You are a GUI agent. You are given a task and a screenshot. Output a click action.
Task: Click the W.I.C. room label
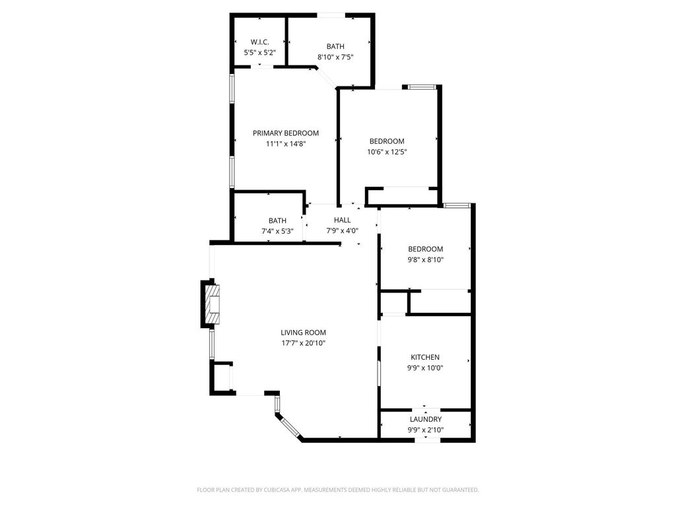[260, 42]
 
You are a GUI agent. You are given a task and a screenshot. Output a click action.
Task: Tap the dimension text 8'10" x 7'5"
[335, 57]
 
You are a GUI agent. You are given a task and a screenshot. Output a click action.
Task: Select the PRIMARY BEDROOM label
[286, 133]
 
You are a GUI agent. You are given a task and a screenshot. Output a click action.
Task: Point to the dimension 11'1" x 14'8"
[286, 144]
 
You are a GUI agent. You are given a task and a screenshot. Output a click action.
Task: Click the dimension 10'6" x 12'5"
[387, 152]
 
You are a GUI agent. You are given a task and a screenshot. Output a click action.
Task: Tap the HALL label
[343, 220]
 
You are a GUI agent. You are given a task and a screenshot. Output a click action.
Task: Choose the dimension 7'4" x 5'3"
[278, 231]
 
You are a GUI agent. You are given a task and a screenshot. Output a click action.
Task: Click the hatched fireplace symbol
[212, 304]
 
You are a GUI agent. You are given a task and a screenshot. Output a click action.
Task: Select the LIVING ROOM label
[304, 333]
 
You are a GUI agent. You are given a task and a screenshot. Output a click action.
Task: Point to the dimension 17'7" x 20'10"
[304, 343]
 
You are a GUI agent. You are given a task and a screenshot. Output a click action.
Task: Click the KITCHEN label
[425, 357]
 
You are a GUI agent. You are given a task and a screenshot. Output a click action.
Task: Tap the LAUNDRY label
[426, 419]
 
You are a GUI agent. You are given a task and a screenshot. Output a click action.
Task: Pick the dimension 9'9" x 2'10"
[426, 430]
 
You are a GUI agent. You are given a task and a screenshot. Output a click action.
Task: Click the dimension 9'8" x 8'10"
[426, 259]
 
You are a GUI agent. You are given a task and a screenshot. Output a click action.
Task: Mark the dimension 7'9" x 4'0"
[343, 230]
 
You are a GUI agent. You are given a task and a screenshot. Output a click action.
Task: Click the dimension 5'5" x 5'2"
[260, 53]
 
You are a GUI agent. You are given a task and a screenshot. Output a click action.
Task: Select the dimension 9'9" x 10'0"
[425, 368]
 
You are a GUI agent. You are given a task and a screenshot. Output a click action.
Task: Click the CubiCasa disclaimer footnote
[338, 490]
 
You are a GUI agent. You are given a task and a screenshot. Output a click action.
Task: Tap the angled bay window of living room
[289, 424]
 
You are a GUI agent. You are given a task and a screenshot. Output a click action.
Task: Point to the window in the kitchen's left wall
[379, 373]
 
